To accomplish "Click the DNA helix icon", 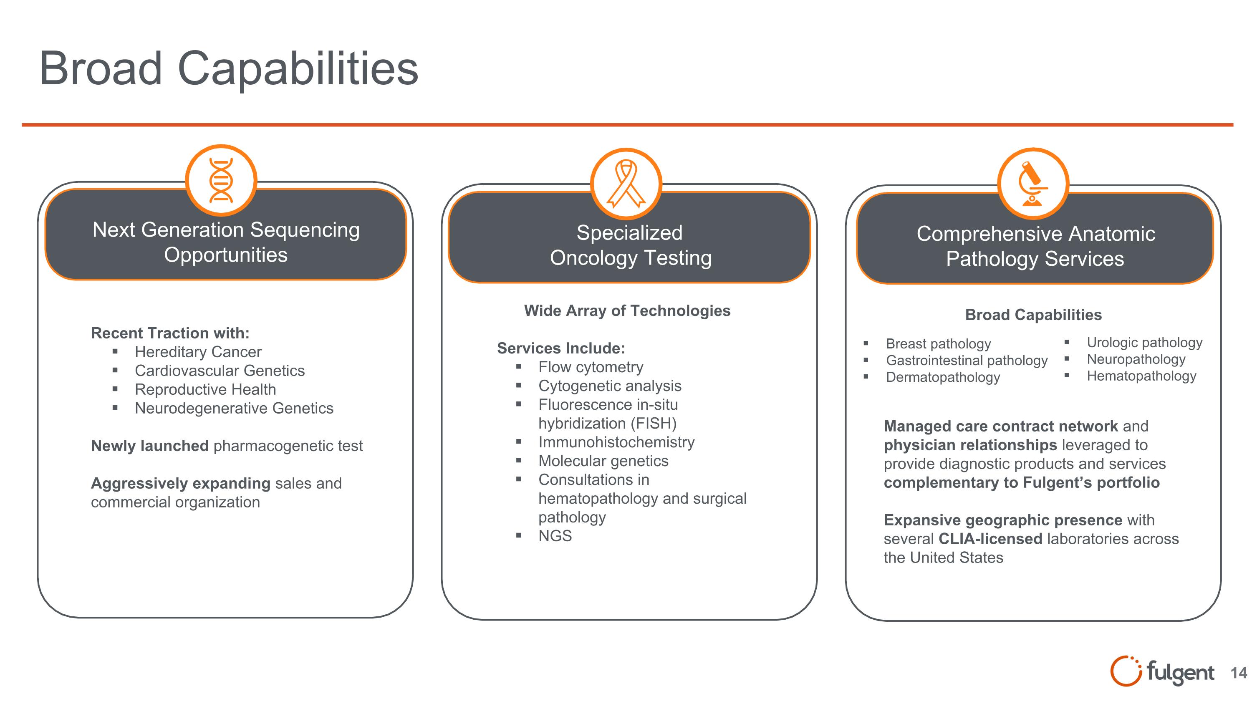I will pyautogui.click(x=221, y=180).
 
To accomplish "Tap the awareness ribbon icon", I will pyautogui.click(x=626, y=184).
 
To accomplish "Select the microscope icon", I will pyautogui.click(x=1033, y=184).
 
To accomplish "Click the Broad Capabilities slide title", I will pyautogui.click(x=228, y=68).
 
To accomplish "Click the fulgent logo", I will pyautogui.click(x=1162, y=671).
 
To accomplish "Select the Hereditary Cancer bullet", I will pyautogui.click(x=198, y=352).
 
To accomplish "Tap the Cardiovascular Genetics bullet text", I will pyautogui.click(x=220, y=371).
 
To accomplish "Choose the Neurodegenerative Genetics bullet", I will pyautogui.click(x=234, y=408).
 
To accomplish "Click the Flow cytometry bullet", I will pyautogui.click(x=591, y=367).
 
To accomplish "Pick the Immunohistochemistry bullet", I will pyautogui.click(x=616, y=442).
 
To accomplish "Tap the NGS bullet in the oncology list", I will pyautogui.click(x=555, y=536).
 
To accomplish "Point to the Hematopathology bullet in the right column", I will pyautogui.click(x=1141, y=376).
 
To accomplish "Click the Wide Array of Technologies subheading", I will pyautogui.click(x=627, y=311).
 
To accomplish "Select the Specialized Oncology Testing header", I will pyautogui.click(x=630, y=245).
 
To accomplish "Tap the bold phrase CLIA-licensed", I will pyautogui.click(x=990, y=539).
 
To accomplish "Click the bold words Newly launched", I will pyautogui.click(x=150, y=446).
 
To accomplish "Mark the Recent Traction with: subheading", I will pyautogui.click(x=170, y=333).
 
